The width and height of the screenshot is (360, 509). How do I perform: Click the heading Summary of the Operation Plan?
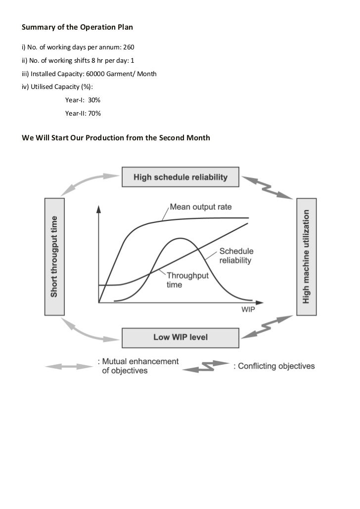pos(77,28)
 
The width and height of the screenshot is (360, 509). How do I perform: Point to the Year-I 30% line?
pos(83,100)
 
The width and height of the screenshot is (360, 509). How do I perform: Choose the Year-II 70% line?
pos(83,113)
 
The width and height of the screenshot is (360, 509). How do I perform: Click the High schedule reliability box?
pos(180,177)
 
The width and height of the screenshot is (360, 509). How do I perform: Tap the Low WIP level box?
pos(180,338)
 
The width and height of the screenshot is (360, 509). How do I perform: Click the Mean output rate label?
pos(200,207)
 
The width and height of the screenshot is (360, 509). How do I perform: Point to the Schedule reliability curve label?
pos(235,255)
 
